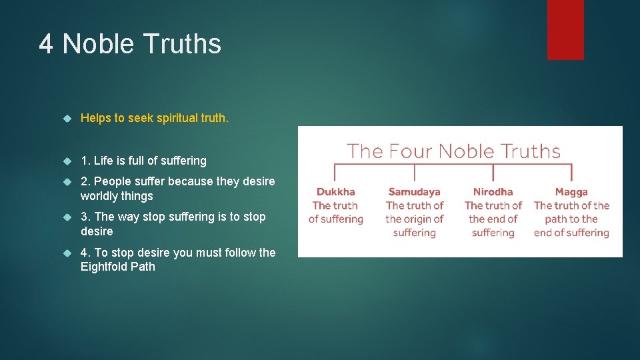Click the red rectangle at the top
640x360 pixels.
(565, 29)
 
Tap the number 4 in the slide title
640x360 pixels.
(45, 44)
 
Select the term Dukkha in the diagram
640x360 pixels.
(336, 192)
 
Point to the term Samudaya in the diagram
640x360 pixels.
(415, 192)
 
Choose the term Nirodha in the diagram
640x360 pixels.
(493, 192)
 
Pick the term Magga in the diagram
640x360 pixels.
(571, 192)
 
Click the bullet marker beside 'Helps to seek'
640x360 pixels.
(67, 119)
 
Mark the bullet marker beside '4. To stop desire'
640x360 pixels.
(67, 253)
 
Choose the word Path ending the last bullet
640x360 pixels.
(143, 267)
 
